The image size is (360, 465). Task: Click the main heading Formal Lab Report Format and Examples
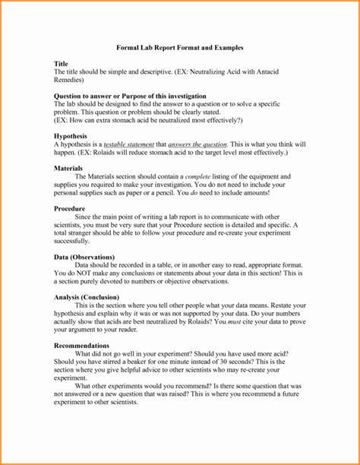[179, 47]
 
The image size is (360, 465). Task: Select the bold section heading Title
[62, 63]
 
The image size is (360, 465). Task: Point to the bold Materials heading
[69, 167]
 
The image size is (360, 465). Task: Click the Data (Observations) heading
[84, 256]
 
